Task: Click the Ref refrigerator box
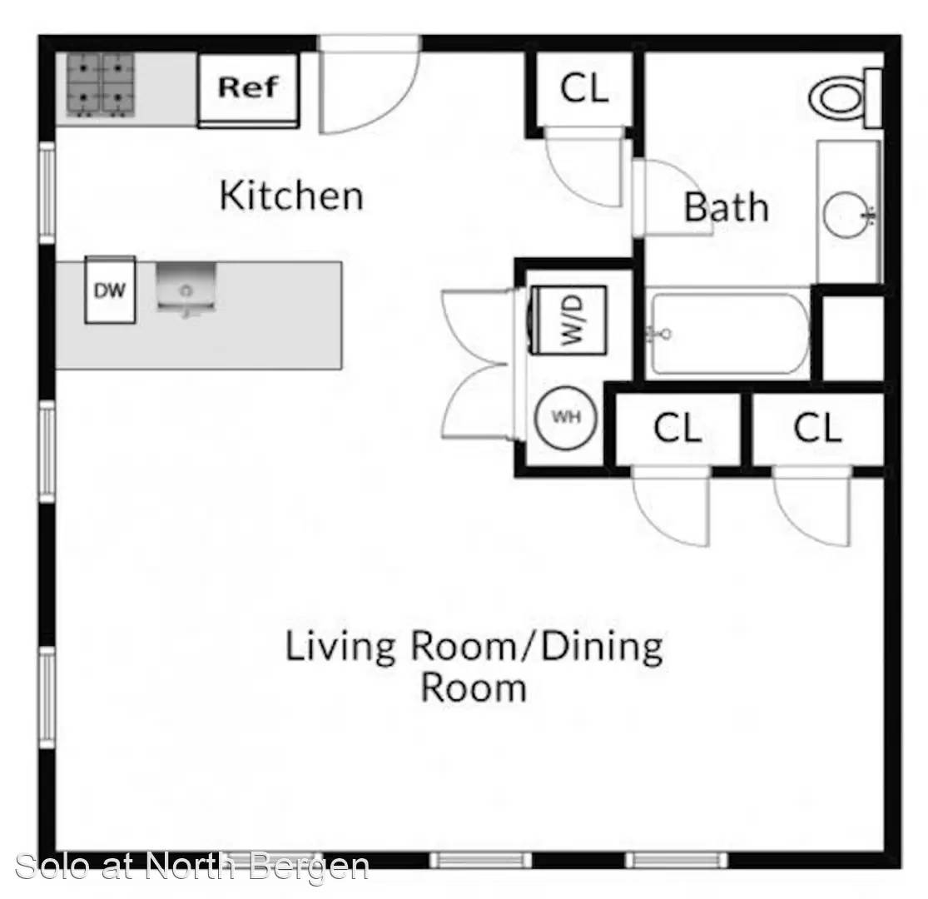click(249, 90)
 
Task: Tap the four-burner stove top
click(101, 85)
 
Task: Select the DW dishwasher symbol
click(110, 290)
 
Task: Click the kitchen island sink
click(186, 288)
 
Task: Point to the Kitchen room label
click(291, 196)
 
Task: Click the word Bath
click(727, 207)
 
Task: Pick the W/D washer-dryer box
click(568, 320)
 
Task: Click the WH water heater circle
click(566, 417)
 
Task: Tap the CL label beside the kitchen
click(584, 89)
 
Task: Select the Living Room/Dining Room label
click(474, 666)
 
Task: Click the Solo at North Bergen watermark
click(191, 867)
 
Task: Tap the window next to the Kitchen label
click(47, 193)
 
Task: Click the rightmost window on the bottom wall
click(677, 860)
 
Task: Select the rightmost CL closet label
click(816, 428)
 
